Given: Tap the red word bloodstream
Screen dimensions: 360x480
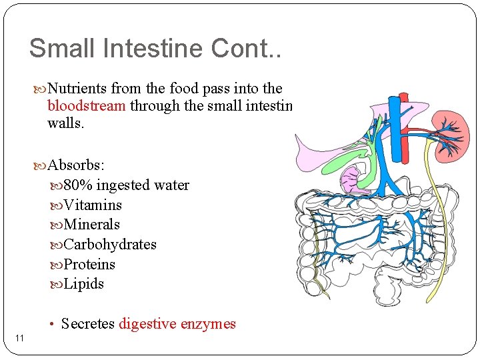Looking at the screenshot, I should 87,106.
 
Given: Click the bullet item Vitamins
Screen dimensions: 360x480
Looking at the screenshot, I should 93,205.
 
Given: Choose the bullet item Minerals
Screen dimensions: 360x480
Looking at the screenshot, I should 91,225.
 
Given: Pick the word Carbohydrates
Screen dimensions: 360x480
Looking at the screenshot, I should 110,245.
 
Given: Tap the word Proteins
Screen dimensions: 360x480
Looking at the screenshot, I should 89,265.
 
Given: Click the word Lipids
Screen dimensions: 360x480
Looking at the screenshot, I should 84,284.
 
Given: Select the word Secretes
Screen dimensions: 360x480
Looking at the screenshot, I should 87,324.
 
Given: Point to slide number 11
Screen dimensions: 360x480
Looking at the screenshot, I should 19,339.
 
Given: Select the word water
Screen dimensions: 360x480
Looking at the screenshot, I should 171,185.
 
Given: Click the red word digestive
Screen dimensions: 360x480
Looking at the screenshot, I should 147,324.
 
